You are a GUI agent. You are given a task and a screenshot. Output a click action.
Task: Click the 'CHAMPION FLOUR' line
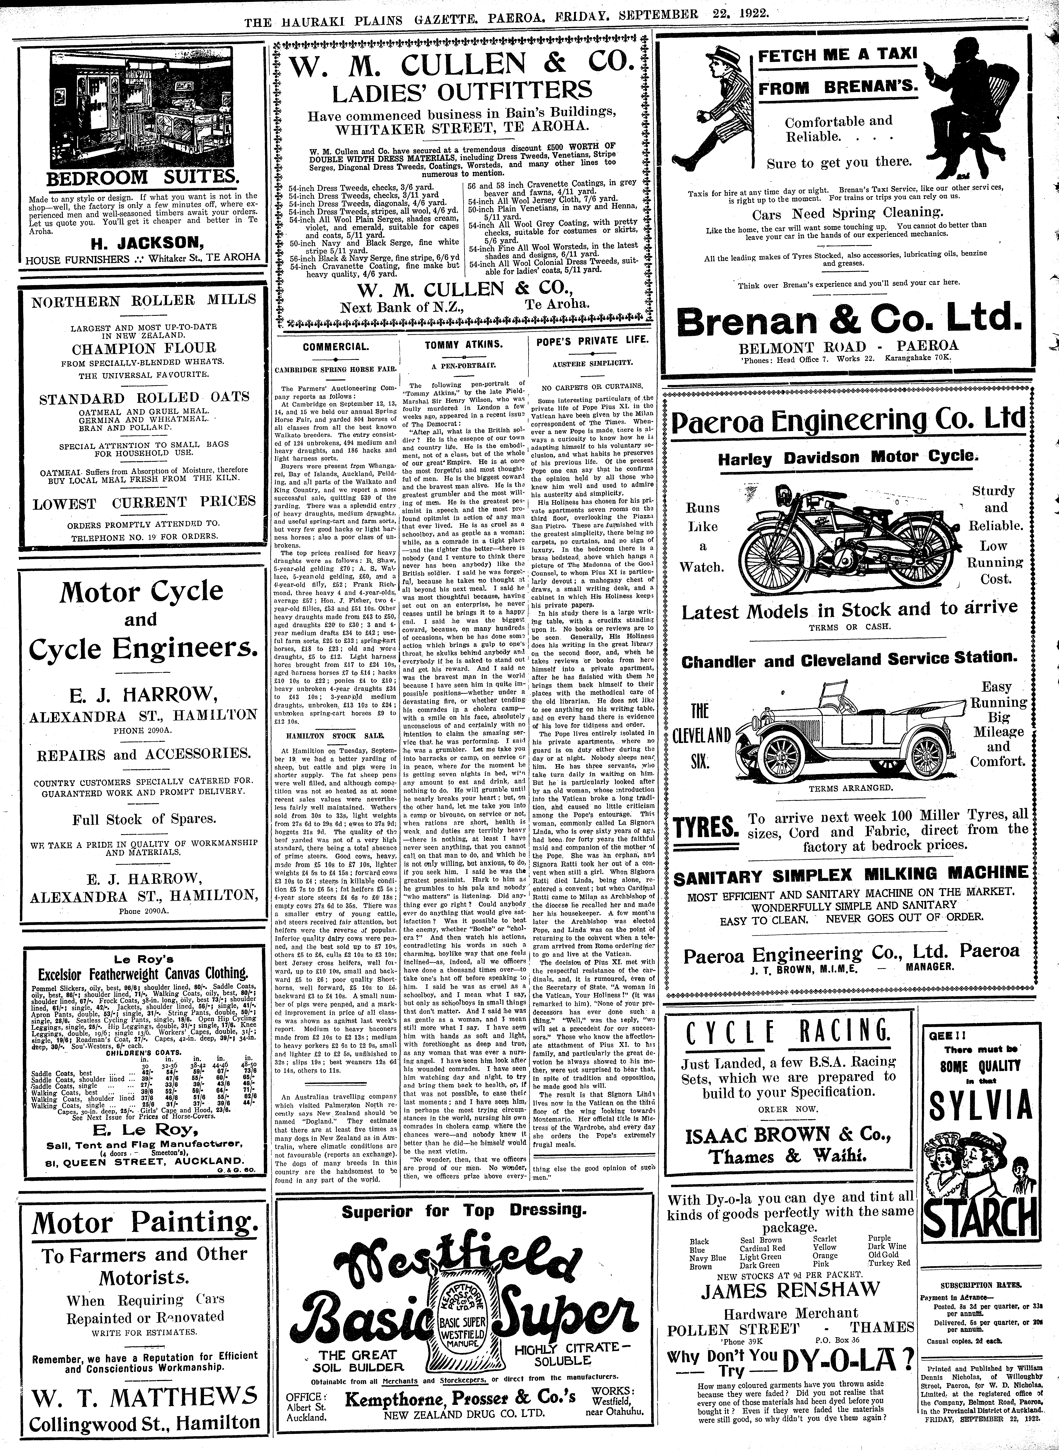click(x=144, y=348)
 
